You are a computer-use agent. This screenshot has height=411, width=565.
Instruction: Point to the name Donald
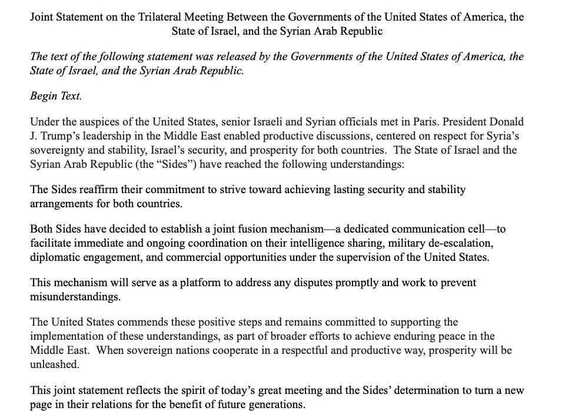(506, 122)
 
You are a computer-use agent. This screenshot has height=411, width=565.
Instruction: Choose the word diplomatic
(56, 257)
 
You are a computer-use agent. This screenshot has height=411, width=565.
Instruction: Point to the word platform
(202, 283)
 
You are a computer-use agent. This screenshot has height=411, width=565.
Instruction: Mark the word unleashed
(54, 364)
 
